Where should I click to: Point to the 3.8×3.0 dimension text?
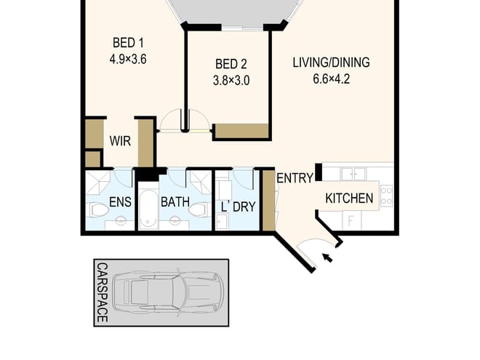tap(231, 81)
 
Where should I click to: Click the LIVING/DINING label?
tap(331, 63)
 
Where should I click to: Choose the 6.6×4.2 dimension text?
tap(331, 80)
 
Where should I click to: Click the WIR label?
tap(121, 141)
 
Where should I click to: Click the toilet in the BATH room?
tap(198, 210)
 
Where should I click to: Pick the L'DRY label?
tap(239, 207)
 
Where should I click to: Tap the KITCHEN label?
tap(349, 199)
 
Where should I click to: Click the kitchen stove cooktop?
tap(386, 194)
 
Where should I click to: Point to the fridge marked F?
tap(353, 220)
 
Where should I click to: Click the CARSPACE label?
tap(103, 292)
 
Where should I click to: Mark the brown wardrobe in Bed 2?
tap(241, 131)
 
